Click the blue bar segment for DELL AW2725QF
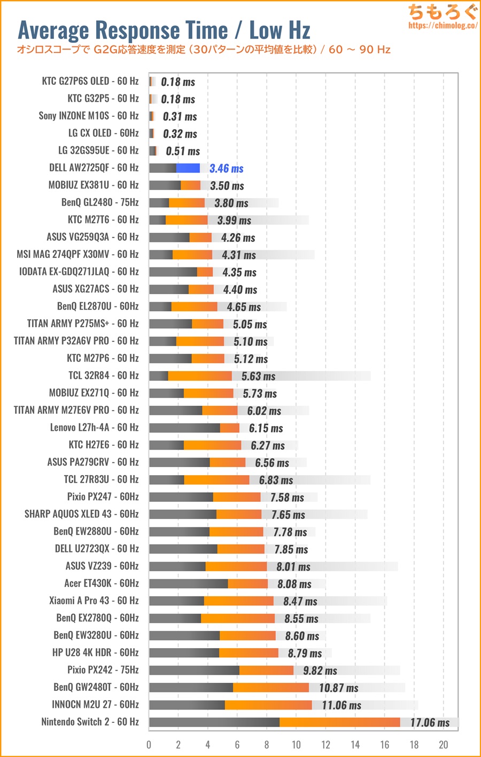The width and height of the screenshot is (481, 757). (188, 168)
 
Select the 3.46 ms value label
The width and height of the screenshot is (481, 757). (226, 169)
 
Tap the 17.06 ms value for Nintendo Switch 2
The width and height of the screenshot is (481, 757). (430, 723)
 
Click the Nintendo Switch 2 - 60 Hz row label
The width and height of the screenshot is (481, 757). (90, 722)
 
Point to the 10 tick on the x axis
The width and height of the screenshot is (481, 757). (296, 745)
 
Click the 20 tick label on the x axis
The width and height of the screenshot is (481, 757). (443, 745)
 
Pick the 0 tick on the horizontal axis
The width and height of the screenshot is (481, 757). (149, 745)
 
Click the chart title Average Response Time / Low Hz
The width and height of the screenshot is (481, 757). (164, 30)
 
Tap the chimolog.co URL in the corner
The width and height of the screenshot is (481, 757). (443, 25)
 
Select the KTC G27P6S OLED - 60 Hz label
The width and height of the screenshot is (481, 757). (90, 81)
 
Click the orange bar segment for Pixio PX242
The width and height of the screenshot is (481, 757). (266, 670)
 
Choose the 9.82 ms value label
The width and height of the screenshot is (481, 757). (320, 671)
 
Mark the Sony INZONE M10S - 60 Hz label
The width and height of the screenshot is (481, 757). (88, 116)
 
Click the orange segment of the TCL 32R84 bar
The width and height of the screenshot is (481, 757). (200, 376)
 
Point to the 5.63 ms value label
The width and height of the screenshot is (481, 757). (258, 376)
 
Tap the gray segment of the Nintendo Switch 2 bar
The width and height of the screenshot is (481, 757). (214, 722)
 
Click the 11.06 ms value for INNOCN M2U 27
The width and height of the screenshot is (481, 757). (342, 705)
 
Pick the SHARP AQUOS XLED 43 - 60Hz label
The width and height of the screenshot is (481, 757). (81, 514)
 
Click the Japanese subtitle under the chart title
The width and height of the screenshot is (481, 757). (203, 50)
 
